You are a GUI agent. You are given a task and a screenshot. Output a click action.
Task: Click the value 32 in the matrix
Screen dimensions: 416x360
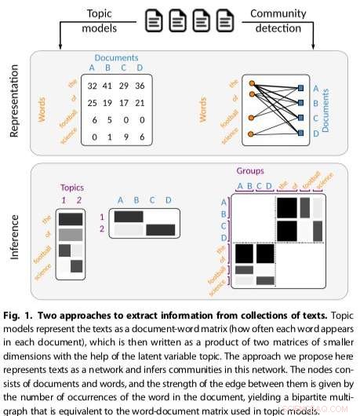point(92,85)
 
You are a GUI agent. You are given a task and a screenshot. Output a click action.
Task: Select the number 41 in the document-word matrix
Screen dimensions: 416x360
point(109,85)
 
